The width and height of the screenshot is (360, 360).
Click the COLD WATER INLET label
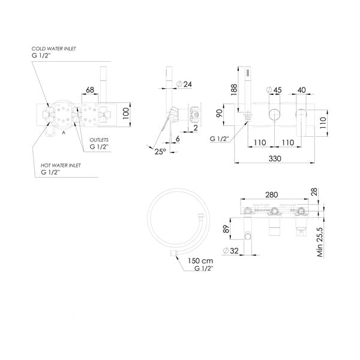pos(55,47)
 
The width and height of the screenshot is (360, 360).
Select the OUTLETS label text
pos(100,139)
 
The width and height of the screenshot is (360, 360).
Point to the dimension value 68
pos(91,90)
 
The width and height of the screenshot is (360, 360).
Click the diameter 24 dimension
pos(184,85)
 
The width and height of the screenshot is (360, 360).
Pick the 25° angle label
pos(159,152)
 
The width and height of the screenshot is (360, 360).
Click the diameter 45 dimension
pos(274,90)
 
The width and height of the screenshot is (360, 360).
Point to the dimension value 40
pos(302,90)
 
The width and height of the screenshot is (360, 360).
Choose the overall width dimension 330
pos(275,158)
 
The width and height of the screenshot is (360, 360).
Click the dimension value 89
pos(226,228)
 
